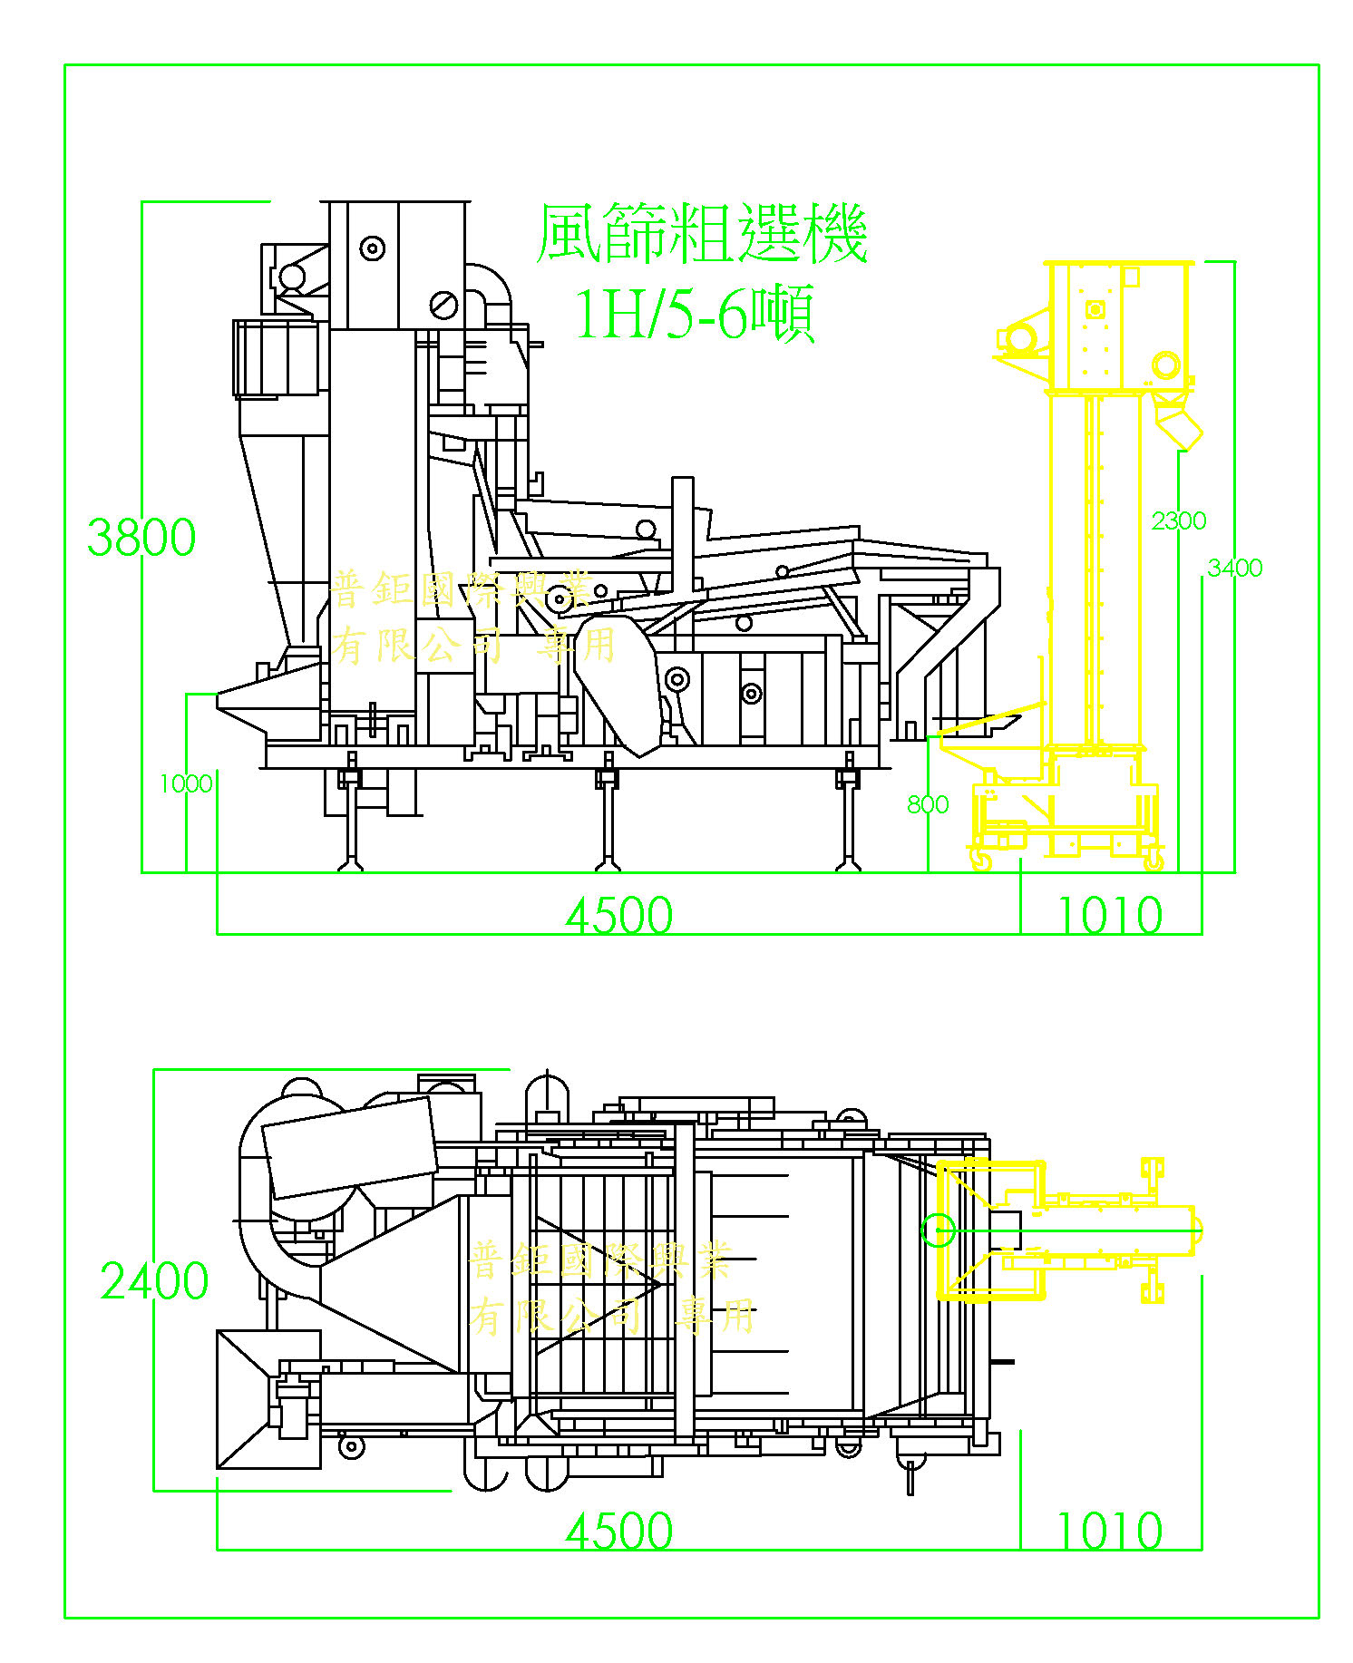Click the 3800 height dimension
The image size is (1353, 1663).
[141, 537]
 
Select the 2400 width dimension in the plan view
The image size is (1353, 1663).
[154, 1280]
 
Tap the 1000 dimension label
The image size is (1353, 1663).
[186, 783]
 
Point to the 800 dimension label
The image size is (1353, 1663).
[928, 804]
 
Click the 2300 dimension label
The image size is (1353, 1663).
[1178, 520]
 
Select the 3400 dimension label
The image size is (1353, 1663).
[1234, 568]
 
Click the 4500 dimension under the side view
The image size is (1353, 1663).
[619, 915]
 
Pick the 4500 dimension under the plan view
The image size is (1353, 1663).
[619, 1532]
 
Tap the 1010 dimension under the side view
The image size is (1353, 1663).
[1110, 915]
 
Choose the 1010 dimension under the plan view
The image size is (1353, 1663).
[1110, 1532]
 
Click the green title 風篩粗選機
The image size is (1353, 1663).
[701, 234]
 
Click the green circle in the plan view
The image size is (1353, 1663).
[938, 1230]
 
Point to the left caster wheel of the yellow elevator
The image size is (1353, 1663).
[980, 860]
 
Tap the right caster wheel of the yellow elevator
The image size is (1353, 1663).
[1153, 860]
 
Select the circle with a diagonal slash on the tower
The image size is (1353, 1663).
[443, 305]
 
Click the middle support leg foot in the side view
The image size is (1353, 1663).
[606, 864]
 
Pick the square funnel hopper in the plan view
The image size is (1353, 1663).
[268, 1399]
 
